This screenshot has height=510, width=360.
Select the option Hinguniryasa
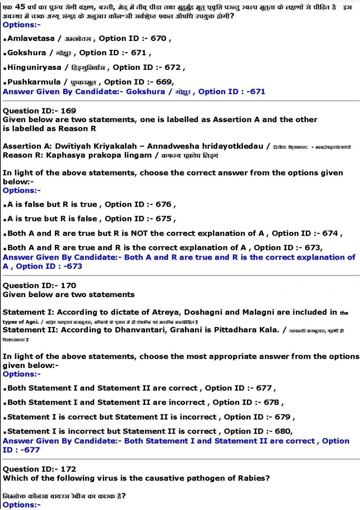pos(31,67)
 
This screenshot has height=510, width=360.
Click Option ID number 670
pos(158,38)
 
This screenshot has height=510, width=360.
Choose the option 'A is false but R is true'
pos(52,204)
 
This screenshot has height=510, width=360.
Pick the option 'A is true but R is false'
pos(52,219)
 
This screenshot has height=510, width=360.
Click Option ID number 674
pos(331,233)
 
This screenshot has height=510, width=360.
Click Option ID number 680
pos(282,431)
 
